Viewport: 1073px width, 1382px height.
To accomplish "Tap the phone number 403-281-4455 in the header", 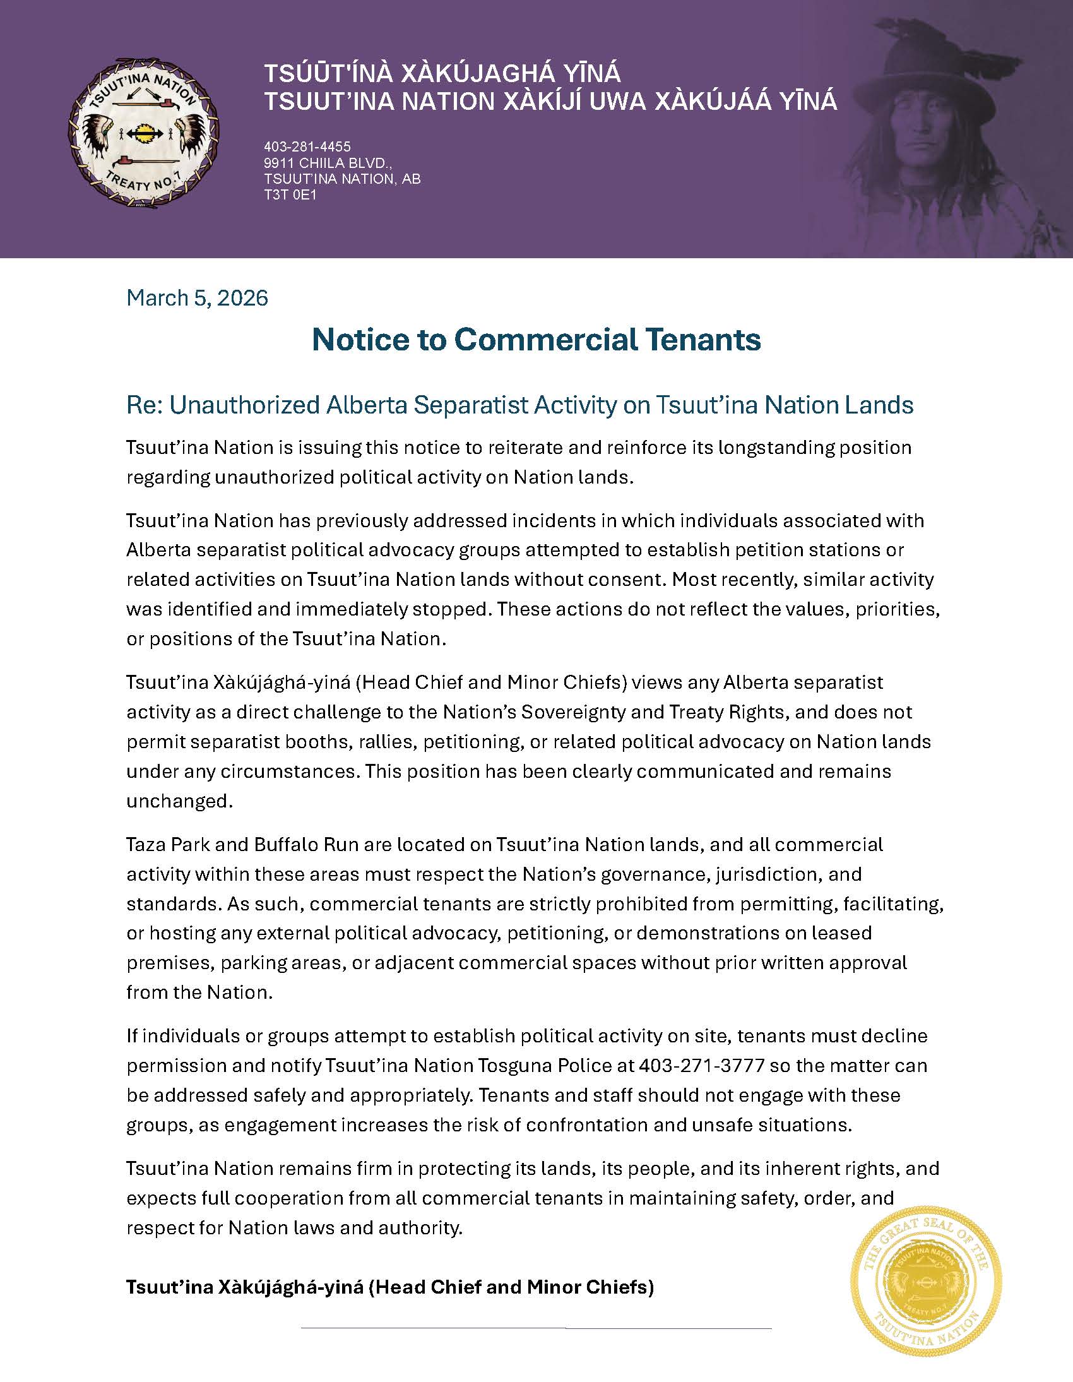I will click(307, 148).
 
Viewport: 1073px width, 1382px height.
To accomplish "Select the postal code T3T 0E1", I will click(290, 195).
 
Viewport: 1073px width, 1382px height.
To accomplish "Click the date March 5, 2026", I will click(198, 298).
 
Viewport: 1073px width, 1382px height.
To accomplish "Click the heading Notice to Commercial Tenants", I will click(536, 340).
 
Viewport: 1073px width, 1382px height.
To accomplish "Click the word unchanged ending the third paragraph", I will click(180, 801).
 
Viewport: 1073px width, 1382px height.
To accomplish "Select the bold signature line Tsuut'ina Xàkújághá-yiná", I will click(389, 1287).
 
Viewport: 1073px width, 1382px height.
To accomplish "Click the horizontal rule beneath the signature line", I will click(536, 1328).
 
